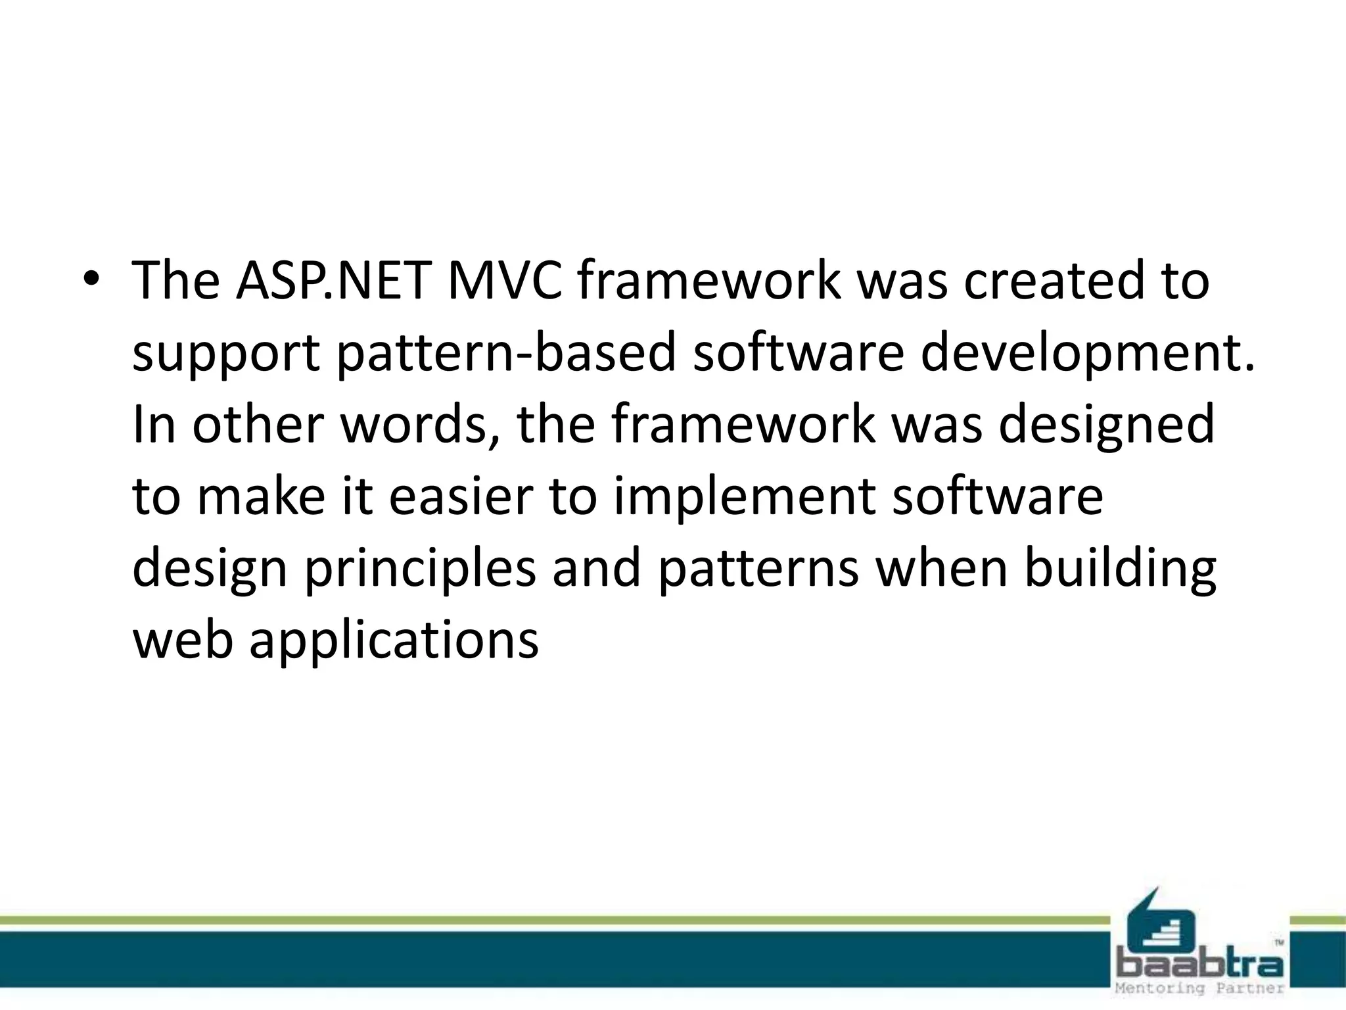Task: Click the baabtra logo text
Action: point(1200,965)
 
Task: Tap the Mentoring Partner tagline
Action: point(1200,988)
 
